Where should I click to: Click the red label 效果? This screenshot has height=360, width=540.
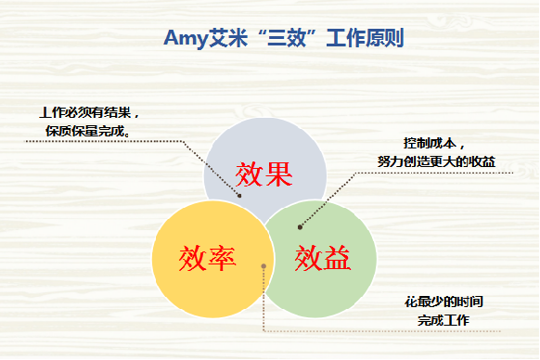[264, 174]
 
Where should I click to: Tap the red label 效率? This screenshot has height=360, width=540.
[207, 256]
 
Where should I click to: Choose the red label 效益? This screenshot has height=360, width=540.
[323, 256]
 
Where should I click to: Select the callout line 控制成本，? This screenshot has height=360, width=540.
[433, 145]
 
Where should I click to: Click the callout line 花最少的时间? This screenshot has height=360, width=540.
[443, 302]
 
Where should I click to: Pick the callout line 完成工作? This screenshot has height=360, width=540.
[443, 320]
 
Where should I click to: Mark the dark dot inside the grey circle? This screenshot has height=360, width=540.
[239, 196]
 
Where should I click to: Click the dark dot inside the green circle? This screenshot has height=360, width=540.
[300, 226]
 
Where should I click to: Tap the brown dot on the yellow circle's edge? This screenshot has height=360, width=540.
[264, 266]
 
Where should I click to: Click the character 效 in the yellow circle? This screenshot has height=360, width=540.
[192, 256]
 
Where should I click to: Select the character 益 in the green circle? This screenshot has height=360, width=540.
[338, 256]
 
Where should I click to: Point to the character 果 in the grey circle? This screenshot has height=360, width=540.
[279, 174]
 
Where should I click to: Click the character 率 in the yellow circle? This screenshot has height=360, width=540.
[222, 256]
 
